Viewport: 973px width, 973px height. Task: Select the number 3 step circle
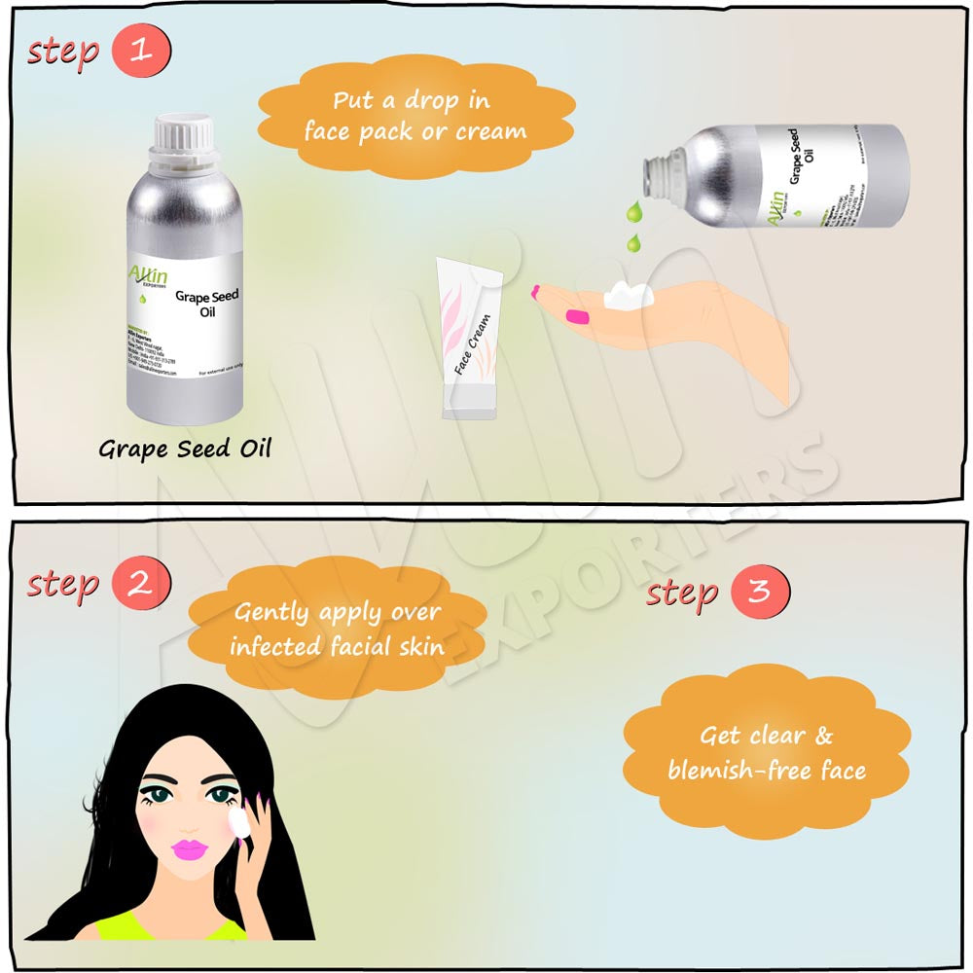pyautogui.click(x=759, y=591)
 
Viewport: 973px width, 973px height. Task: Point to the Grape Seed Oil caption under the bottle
pyautogui.click(x=184, y=449)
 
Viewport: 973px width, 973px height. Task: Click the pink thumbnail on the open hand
pyautogui.click(x=578, y=316)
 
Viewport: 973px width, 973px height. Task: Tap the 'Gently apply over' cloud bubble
pyautogui.click(x=337, y=629)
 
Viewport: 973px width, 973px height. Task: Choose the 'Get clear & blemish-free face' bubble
pyautogui.click(x=767, y=752)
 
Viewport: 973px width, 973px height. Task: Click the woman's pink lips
pyautogui.click(x=191, y=847)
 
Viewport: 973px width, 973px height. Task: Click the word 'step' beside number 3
pyautogui.click(x=682, y=592)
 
